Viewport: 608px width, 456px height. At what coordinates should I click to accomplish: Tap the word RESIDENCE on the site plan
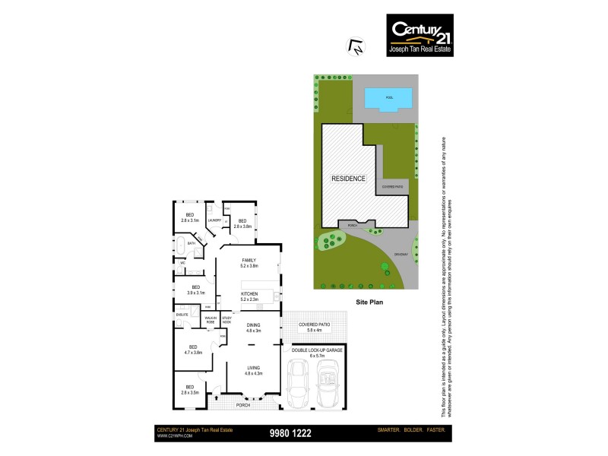349,179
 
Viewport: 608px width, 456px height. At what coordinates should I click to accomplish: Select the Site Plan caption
367,302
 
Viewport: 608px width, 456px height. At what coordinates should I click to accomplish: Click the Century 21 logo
420,35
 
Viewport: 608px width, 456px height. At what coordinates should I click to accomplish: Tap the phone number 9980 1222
290,433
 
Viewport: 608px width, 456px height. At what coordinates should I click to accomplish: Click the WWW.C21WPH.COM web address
175,436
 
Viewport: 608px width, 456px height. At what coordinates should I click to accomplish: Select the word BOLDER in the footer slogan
415,431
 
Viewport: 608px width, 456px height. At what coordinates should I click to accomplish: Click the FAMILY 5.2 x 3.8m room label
249,263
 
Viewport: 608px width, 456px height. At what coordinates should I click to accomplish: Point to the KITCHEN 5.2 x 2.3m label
249,296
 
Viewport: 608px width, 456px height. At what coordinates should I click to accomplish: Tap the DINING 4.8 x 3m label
253,328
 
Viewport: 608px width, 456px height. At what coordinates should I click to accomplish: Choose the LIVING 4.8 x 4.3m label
253,370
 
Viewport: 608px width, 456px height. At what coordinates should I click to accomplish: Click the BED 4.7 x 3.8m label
193,350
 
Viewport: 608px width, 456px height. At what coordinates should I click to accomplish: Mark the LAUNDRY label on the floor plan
214,220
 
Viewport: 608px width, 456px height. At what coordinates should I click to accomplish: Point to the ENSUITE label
182,314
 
